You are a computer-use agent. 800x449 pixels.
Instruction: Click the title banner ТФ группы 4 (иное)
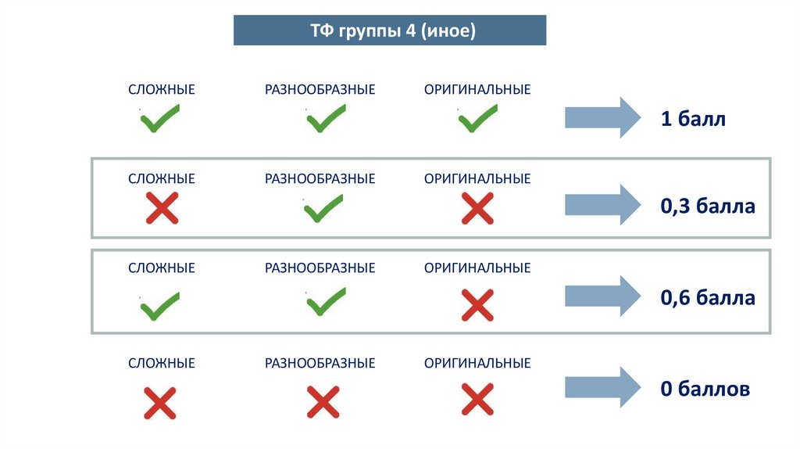click(x=390, y=31)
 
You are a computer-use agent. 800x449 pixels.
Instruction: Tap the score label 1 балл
click(x=693, y=120)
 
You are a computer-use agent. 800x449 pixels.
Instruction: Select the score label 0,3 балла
click(x=708, y=207)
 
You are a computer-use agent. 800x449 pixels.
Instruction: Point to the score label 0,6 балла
click(x=708, y=298)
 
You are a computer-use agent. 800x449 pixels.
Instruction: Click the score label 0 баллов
click(x=705, y=389)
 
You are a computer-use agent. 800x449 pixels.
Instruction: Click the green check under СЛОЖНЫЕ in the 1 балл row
click(x=160, y=120)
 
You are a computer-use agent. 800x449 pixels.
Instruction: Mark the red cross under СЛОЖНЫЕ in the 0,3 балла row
click(x=162, y=209)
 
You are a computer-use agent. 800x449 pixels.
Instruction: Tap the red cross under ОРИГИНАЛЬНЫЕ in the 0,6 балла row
click(x=477, y=305)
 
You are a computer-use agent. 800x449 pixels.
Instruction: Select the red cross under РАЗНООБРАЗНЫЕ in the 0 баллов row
click(x=322, y=402)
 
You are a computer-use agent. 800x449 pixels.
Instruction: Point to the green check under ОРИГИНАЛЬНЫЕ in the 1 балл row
click(x=477, y=120)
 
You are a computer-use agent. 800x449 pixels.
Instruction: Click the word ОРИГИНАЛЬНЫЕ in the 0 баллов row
click(x=477, y=363)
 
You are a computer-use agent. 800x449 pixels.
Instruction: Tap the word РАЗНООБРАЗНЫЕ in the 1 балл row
click(x=320, y=90)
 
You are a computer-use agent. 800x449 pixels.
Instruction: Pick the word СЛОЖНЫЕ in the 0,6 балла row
click(x=162, y=268)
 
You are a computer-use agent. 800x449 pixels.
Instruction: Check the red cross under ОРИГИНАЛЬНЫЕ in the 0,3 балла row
click(x=477, y=209)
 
